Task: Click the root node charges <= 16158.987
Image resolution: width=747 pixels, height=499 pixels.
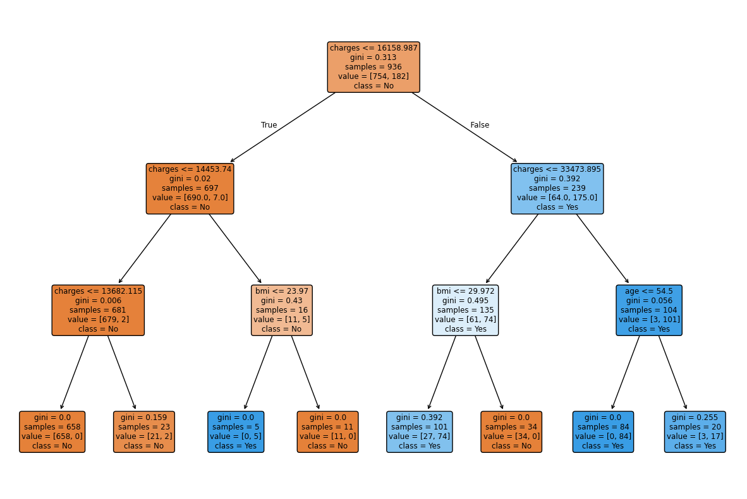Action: point(373,67)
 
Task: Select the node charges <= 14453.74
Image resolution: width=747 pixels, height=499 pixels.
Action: point(190,188)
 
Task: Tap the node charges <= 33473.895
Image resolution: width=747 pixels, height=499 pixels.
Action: point(557,188)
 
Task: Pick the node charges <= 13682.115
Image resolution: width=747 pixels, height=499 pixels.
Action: point(98,310)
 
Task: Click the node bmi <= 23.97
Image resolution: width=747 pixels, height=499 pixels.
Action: point(281,310)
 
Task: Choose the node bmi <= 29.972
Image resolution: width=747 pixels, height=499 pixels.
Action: point(466,310)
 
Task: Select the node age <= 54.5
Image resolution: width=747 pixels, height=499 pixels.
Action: point(649,310)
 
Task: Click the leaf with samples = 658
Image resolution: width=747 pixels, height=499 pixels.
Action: point(52,431)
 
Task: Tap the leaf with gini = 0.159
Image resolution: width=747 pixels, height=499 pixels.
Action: point(144,431)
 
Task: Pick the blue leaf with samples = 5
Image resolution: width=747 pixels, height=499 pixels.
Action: point(236,431)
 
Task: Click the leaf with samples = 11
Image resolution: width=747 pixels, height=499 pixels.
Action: point(327,431)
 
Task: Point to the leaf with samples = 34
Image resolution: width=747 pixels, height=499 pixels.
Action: point(511,431)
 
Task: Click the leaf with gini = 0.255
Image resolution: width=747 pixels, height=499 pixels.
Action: point(695,431)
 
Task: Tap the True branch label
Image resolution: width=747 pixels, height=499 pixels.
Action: point(269,125)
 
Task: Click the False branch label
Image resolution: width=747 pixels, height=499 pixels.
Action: point(480,125)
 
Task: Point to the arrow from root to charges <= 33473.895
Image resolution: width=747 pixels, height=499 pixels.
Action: point(465,128)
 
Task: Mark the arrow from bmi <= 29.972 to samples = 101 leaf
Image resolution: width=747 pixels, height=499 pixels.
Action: point(442,373)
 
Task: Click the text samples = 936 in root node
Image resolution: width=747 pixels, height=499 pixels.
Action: point(373,66)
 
